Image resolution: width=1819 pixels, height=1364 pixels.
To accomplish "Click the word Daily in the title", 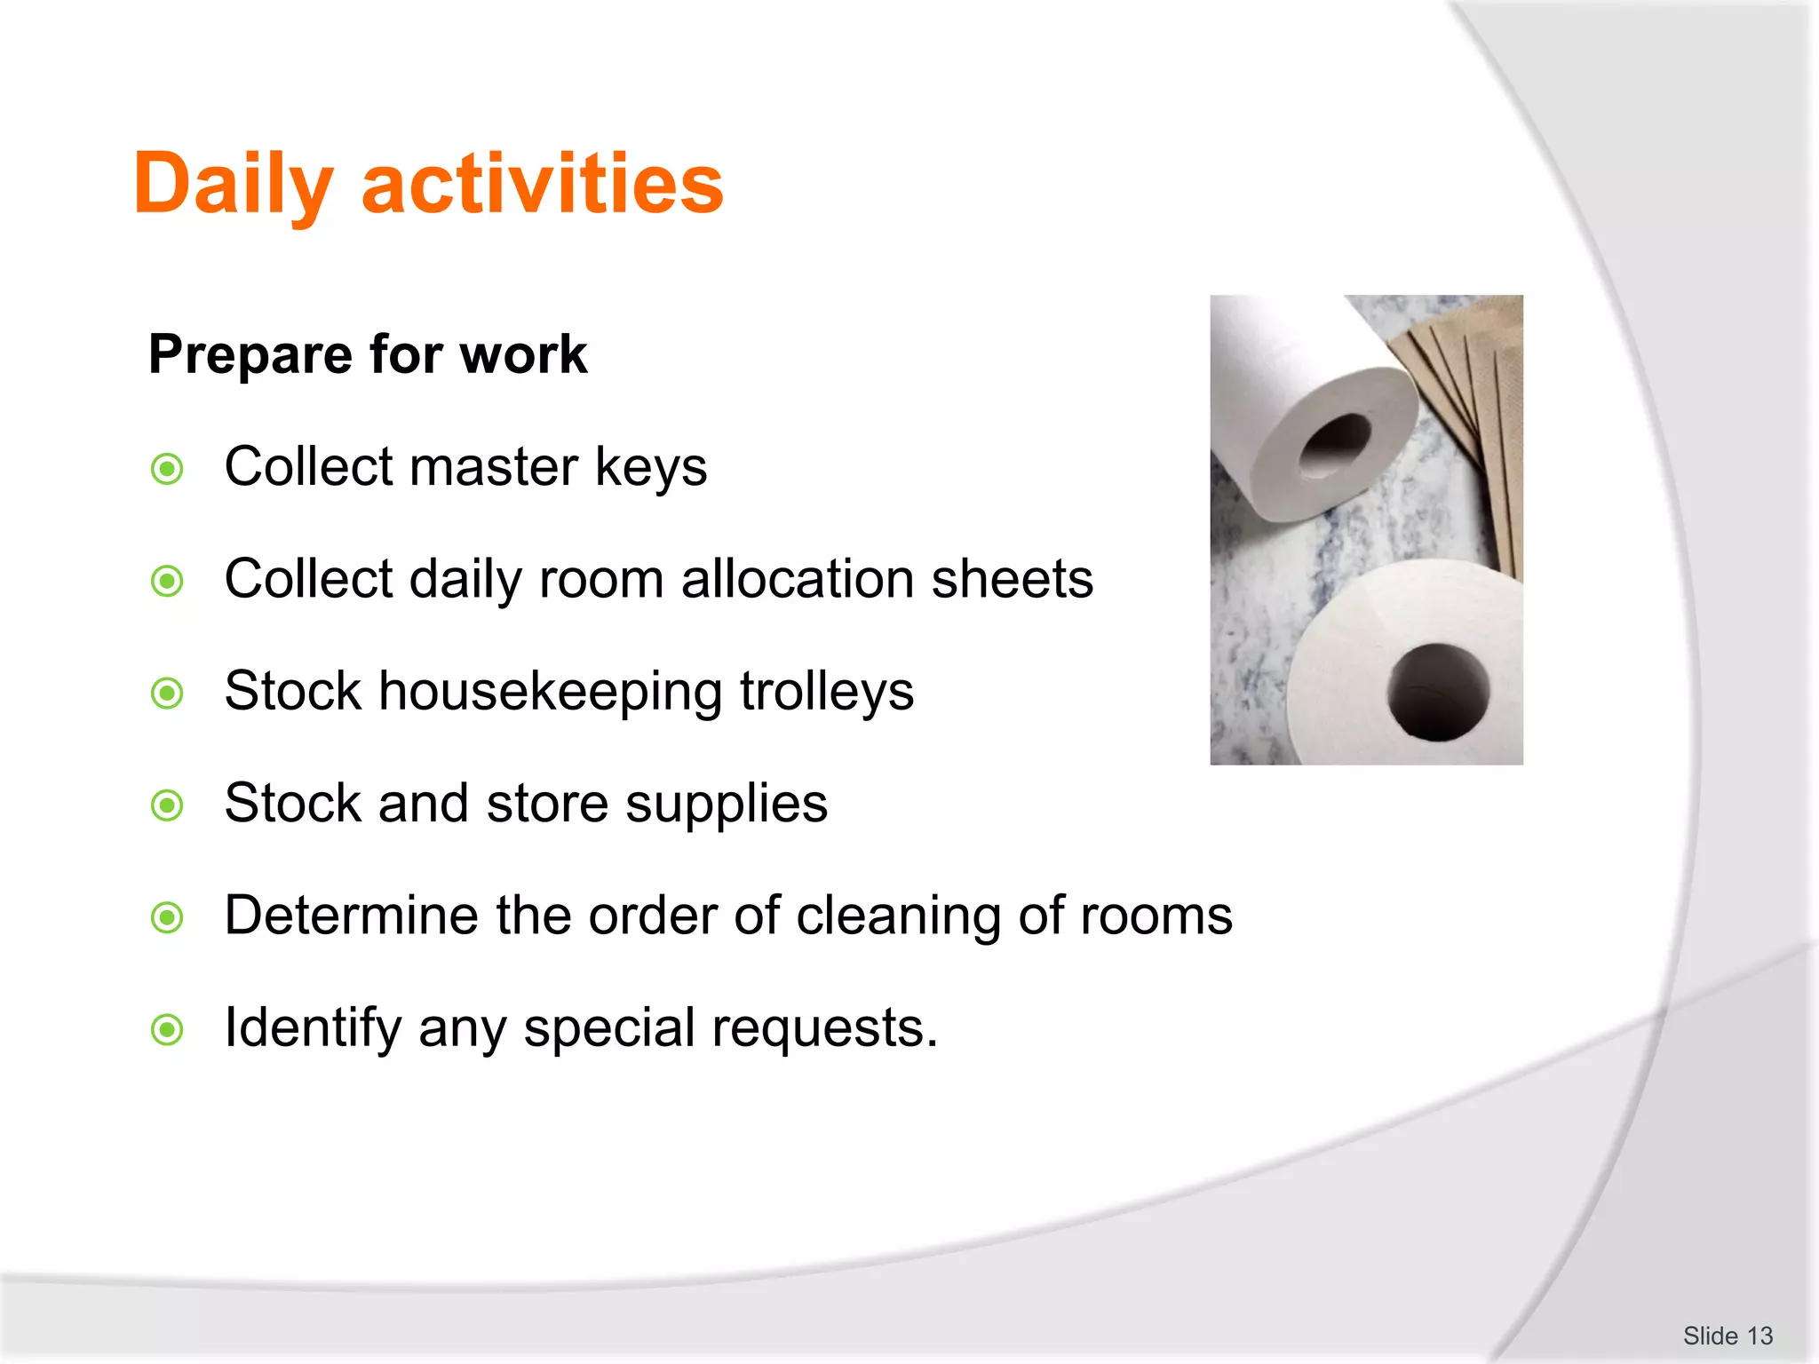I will [233, 184].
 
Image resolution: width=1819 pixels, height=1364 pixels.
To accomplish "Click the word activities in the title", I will [543, 184].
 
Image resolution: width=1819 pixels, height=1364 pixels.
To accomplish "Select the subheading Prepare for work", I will [368, 354].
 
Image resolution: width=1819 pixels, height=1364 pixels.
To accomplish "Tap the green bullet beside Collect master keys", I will [167, 469].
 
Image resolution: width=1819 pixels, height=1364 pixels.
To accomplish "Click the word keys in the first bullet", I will [651, 468].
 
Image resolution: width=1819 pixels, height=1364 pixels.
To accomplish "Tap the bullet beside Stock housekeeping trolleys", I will [167, 693].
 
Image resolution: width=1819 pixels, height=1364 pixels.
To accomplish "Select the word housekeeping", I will [551, 693].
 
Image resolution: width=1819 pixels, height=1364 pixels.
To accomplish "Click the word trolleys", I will [827, 693].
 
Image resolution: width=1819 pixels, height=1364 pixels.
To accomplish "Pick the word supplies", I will [726, 805].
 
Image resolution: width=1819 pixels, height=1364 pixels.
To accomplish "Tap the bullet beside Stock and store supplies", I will [167, 805].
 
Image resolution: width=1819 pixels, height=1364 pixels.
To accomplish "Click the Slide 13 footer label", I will [1728, 1336].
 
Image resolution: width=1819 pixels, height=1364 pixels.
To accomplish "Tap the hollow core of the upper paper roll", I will [1335, 444].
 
